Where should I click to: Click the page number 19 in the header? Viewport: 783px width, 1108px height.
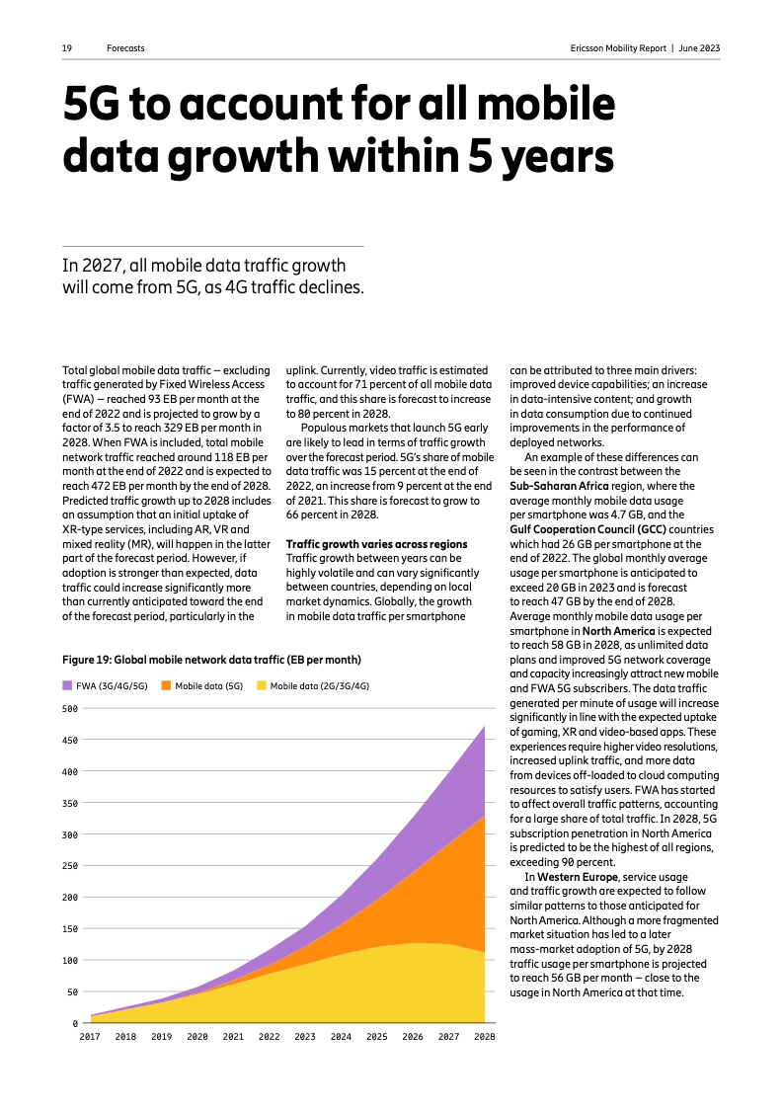pos(66,47)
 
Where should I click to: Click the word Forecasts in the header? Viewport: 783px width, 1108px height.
pos(125,47)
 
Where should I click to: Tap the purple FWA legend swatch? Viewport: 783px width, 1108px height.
pos(67,684)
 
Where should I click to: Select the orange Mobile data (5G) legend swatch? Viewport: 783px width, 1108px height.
pos(167,684)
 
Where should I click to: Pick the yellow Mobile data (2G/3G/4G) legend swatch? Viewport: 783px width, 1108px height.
pos(262,684)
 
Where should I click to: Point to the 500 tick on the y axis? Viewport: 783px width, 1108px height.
pos(69,708)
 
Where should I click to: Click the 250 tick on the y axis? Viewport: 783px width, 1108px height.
pos(69,866)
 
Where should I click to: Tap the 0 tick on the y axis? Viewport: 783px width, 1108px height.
pos(74,1023)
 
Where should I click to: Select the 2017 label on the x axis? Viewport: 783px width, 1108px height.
pos(90,1037)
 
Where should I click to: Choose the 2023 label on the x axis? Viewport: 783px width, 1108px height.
pos(305,1037)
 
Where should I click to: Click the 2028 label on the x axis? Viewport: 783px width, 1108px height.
pos(484,1037)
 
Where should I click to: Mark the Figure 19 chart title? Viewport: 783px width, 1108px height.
pos(211,659)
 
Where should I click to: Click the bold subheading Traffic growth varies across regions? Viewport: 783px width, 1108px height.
pos(376,544)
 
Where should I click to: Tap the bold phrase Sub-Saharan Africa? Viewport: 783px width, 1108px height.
pos(560,486)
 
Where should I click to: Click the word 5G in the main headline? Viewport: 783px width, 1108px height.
pos(98,108)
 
